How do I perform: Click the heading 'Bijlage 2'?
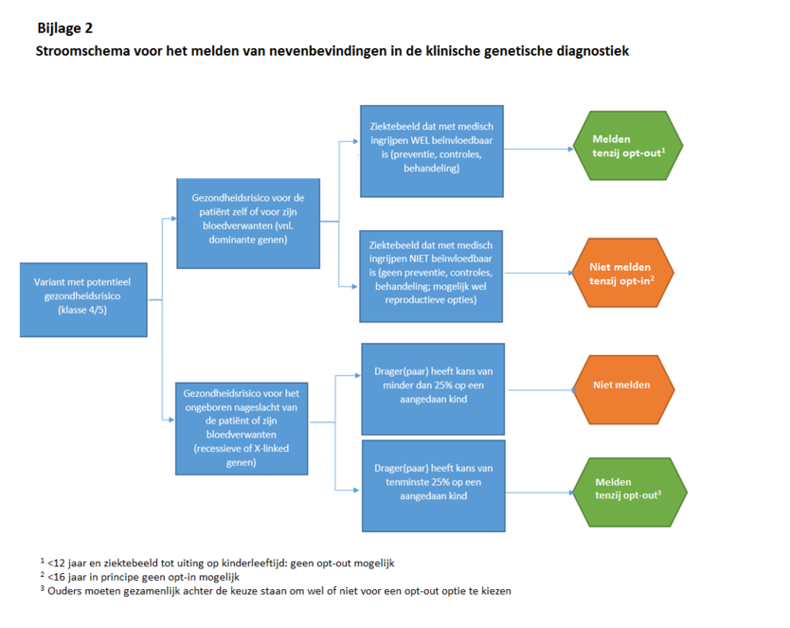[64, 28]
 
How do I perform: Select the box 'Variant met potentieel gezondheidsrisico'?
[83, 299]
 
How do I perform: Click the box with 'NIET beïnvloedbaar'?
[432, 276]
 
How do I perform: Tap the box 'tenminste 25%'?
[432, 484]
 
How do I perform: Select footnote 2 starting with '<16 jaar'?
[142, 577]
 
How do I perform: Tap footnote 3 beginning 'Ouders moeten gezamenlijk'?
[275, 591]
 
